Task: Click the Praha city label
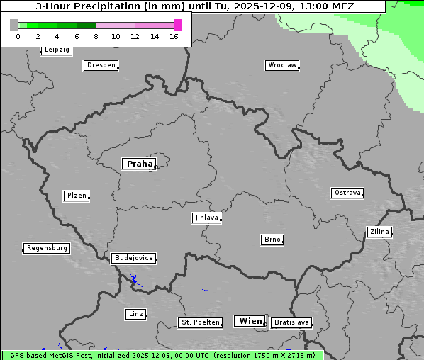[139, 164]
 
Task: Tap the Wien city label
[250, 321]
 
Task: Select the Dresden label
[101, 65]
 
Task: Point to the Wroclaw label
[282, 65]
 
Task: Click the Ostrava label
[347, 193]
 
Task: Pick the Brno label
[272, 240]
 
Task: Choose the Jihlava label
[206, 218]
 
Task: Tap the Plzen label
[76, 196]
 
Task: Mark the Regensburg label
[47, 248]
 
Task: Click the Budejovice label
[133, 258]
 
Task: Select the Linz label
[135, 314]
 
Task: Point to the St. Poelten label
[201, 322]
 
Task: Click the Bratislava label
[291, 322]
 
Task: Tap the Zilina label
[379, 232]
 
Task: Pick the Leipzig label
[57, 50]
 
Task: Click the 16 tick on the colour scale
[174, 35]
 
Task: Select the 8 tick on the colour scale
[96, 35]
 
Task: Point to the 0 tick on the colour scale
[18, 35]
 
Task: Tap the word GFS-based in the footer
[27, 356]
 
